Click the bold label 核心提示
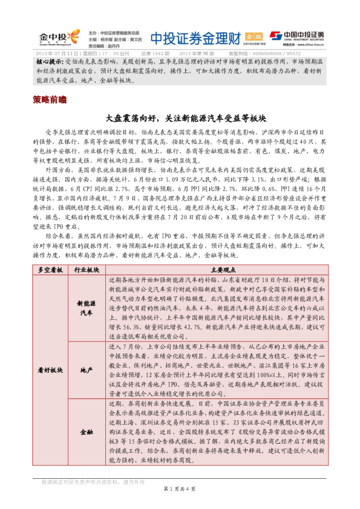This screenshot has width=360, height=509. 49,63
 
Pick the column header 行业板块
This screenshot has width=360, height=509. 87,270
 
